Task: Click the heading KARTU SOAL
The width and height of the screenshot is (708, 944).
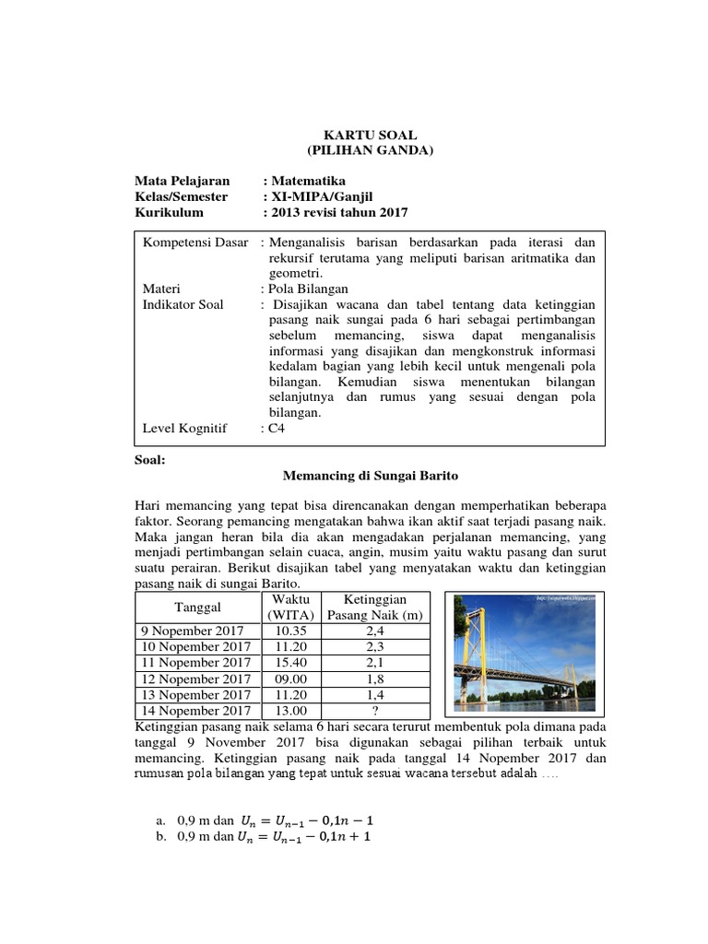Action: (x=369, y=135)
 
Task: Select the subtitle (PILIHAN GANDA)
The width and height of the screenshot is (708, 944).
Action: (x=369, y=150)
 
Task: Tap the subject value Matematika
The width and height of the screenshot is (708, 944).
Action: (x=309, y=181)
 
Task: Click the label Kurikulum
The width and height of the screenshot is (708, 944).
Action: (x=169, y=212)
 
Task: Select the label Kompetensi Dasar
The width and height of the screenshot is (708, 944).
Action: (x=195, y=242)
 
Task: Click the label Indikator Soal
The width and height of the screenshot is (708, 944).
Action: (x=183, y=304)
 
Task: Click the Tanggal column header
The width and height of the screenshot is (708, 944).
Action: (x=194, y=608)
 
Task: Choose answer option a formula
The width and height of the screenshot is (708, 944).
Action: (x=298, y=820)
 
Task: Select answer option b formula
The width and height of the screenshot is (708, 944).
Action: (x=298, y=837)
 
